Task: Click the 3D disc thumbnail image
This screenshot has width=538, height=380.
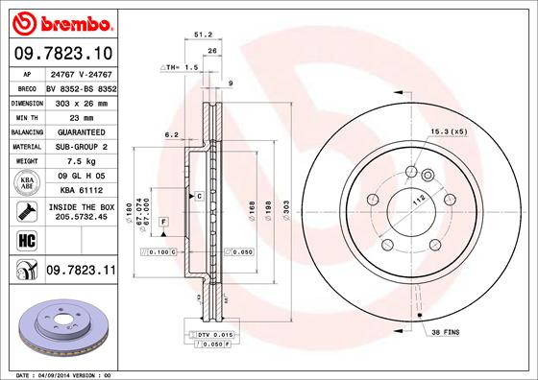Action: (63, 326)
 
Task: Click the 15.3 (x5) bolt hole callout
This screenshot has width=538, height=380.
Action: (450, 131)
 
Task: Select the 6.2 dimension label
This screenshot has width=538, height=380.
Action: (171, 134)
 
